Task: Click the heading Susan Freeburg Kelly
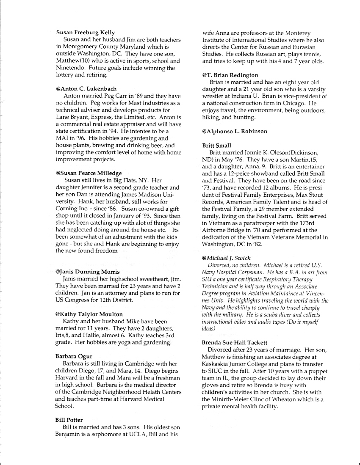(x=85, y=33)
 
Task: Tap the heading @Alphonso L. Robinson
(x=234, y=131)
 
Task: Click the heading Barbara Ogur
(x=74, y=356)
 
